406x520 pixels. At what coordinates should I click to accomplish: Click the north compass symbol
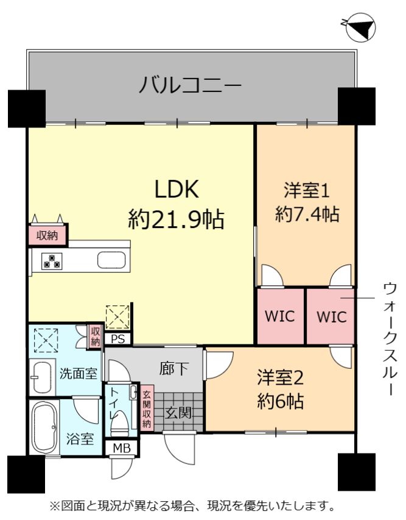pyautogui.click(x=360, y=27)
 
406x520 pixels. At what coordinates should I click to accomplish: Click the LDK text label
pyautogui.click(x=177, y=189)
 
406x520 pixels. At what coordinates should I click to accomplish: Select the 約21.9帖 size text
pyautogui.click(x=177, y=219)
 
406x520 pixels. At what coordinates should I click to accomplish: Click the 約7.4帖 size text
pyautogui.click(x=307, y=214)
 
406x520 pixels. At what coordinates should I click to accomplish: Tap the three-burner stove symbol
pyautogui.click(x=52, y=261)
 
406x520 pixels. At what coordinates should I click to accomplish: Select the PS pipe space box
pyautogui.click(x=118, y=339)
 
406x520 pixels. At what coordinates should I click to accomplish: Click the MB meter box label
pyautogui.click(x=122, y=448)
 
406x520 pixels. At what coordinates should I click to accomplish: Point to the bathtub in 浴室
pyautogui.click(x=44, y=427)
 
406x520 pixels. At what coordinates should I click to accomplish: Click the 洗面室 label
pyautogui.click(x=79, y=374)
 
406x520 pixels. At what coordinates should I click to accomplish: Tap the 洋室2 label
pyautogui.click(x=281, y=379)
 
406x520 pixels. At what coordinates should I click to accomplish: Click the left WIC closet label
pyautogui.click(x=280, y=316)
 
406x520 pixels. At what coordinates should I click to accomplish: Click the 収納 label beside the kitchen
pyautogui.click(x=47, y=235)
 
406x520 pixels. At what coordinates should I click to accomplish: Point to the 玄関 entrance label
pyautogui.click(x=178, y=413)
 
